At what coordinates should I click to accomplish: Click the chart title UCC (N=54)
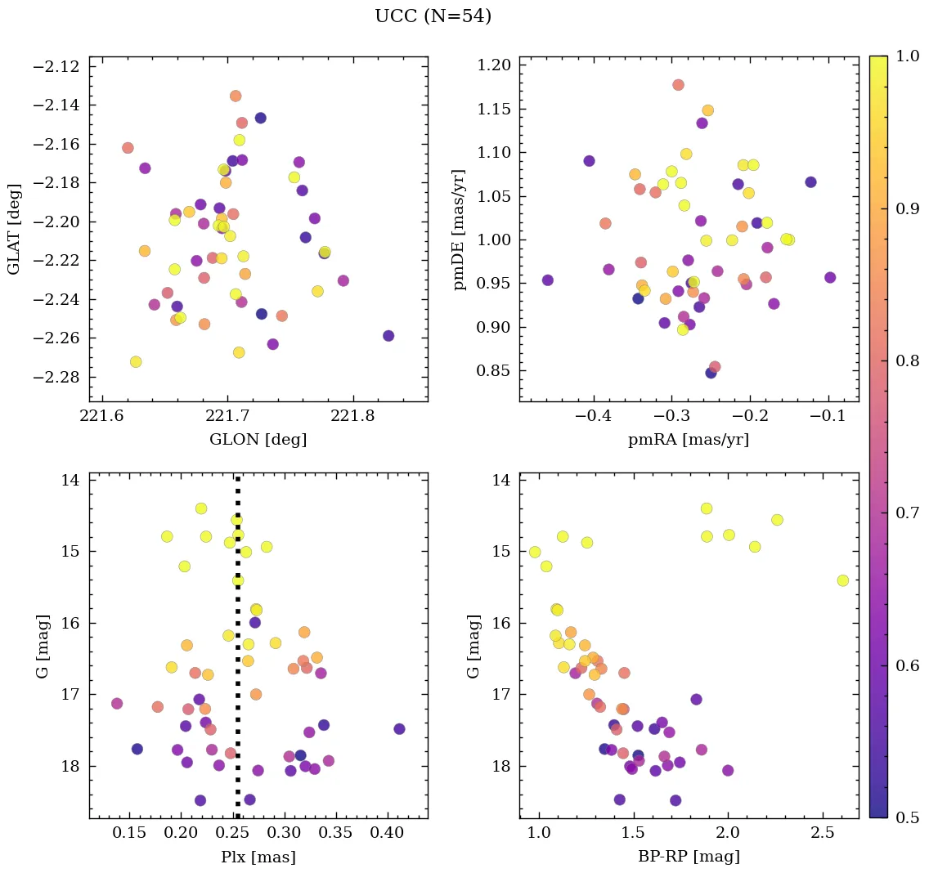tap(433, 16)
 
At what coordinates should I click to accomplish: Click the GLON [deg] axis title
tap(258, 440)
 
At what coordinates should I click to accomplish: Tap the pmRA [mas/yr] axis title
tap(688, 440)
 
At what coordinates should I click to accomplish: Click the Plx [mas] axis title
tap(258, 857)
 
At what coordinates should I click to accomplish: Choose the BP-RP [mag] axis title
tap(688, 857)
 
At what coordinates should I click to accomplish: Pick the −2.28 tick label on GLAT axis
tap(56, 377)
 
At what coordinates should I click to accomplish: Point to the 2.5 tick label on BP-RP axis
tap(822, 834)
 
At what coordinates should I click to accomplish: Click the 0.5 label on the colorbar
tap(907, 817)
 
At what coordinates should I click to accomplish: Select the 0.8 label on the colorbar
tap(907, 360)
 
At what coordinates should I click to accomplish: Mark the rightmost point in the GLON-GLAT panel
tap(388, 336)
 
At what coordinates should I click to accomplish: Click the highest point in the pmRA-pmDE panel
tap(678, 85)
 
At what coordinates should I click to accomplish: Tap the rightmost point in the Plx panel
tap(399, 729)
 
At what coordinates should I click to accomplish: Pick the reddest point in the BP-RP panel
tap(842, 580)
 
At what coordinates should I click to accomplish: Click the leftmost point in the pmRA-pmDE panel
tap(548, 280)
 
